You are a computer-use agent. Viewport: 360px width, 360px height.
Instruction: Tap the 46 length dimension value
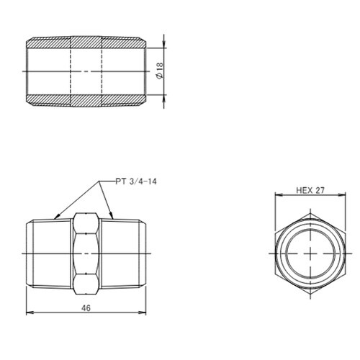(86, 307)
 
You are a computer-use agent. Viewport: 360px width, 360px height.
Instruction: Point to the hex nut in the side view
(86, 253)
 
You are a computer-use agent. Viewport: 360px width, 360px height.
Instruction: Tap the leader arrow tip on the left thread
(55, 215)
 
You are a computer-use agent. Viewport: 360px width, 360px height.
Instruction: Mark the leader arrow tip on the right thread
(114, 215)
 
